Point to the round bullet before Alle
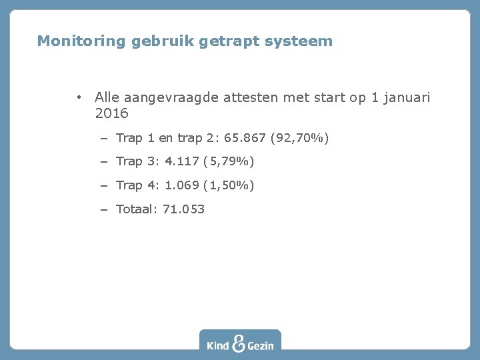79,98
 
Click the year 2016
111,114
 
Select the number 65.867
243,138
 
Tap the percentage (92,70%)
299,138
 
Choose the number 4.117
181,161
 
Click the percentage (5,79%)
230,161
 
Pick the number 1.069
181,185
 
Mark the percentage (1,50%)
230,185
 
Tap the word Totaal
135,209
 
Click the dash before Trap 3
105,161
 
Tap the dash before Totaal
105,209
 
